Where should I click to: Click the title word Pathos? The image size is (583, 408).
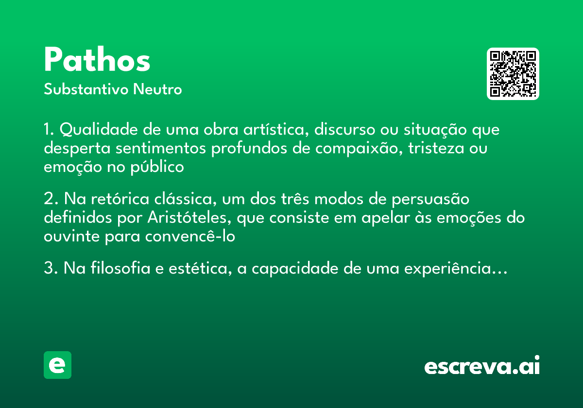[97, 61]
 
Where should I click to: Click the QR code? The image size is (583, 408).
[513, 74]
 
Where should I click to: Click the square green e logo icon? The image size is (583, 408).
[57, 365]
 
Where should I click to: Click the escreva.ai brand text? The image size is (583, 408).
[482, 366]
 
